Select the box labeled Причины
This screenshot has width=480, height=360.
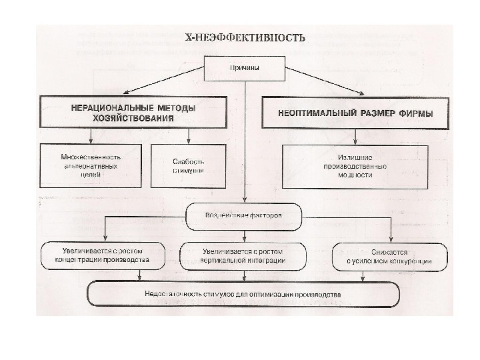point(245,68)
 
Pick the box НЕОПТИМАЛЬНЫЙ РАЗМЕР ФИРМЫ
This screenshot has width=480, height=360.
point(355,113)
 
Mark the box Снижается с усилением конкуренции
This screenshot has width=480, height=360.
point(388,257)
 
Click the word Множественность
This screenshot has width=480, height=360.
point(83,156)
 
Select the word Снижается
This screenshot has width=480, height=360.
point(388,251)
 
